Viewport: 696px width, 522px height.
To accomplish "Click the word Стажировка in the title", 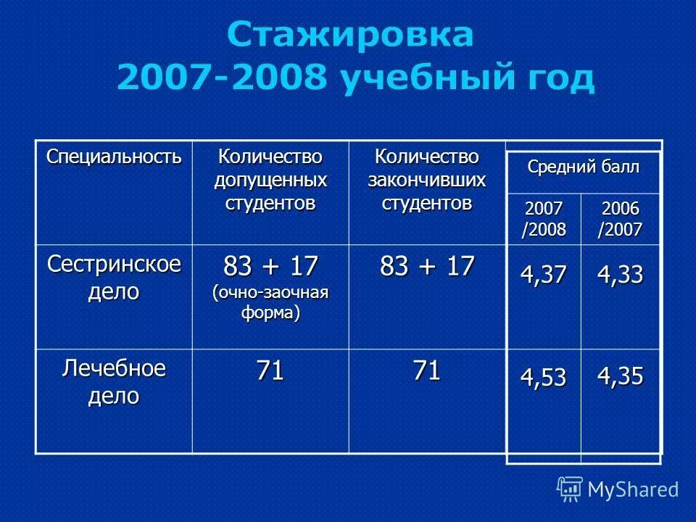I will point(351,35).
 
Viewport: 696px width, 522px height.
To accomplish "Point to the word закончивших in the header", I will point(427,178).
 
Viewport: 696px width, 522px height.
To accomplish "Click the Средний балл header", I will point(584,169).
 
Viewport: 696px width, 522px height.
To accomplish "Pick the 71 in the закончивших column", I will point(427,371).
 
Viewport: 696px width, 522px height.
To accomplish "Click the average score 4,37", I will point(543,277).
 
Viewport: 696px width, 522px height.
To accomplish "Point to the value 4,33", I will point(619,277).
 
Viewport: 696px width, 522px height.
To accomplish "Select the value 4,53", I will point(543,378).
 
